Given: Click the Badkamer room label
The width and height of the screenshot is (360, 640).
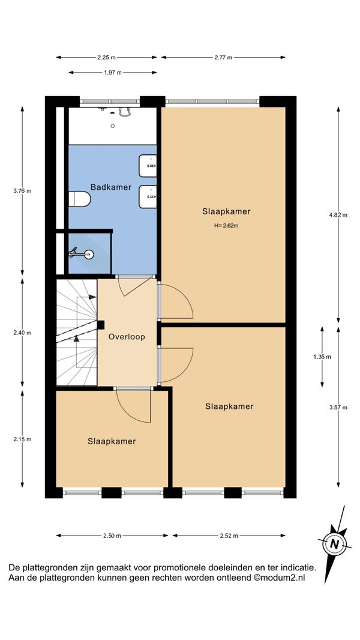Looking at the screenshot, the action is (x=111, y=187).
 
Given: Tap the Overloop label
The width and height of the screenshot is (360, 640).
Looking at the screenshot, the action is (x=127, y=337).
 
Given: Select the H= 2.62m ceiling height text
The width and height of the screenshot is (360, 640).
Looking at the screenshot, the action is (x=226, y=225).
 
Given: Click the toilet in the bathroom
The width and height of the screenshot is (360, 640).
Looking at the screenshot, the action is (x=79, y=199).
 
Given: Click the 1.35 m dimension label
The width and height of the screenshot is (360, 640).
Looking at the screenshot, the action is (x=322, y=357).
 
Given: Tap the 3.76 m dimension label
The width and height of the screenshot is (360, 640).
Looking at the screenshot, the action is (x=22, y=190).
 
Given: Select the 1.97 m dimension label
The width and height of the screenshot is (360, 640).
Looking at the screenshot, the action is (x=113, y=73).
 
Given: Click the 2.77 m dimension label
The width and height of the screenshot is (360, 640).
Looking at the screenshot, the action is (x=223, y=58).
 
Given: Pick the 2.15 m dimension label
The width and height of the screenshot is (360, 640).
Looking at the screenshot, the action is (x=22, y=439).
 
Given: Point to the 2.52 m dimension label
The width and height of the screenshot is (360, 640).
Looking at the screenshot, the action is (x=229, y=536).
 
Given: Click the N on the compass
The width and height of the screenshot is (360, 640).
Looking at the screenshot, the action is (x=335, y=544).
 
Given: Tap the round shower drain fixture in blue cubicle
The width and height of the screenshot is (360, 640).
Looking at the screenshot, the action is (x=88, y=255).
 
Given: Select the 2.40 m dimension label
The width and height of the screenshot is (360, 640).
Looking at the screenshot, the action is (x=22, y=333).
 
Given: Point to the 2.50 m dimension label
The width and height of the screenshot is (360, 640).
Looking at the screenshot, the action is (x=112, y=536).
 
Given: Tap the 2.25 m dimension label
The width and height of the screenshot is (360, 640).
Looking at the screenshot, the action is (x=107, y=58).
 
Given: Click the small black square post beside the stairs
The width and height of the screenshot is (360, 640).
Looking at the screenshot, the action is (x=101, y=325).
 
